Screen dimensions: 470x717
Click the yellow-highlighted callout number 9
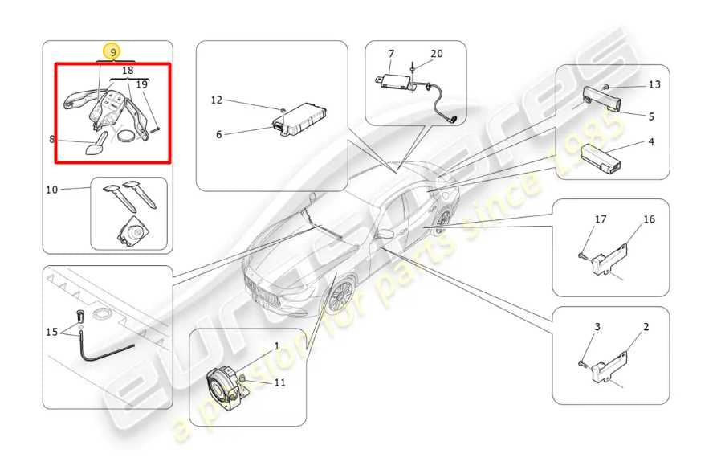point(113,52)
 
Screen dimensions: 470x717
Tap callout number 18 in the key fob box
point(128,72)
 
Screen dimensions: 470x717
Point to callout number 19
point(141,84)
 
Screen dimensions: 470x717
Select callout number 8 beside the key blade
point(52,138)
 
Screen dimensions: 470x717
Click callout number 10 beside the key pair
point(52,190)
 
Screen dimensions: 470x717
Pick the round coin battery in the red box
point(128,137)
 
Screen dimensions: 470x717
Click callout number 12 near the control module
point(216,100)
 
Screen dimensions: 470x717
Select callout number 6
point(218,134)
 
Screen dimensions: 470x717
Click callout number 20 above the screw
point(436,54)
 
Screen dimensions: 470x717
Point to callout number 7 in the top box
point(391,54)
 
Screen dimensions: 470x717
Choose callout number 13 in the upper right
point(654,84)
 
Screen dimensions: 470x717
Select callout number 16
point(649,219)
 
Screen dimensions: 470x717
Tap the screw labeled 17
point(581,255)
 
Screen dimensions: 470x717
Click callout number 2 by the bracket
point(646,327)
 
